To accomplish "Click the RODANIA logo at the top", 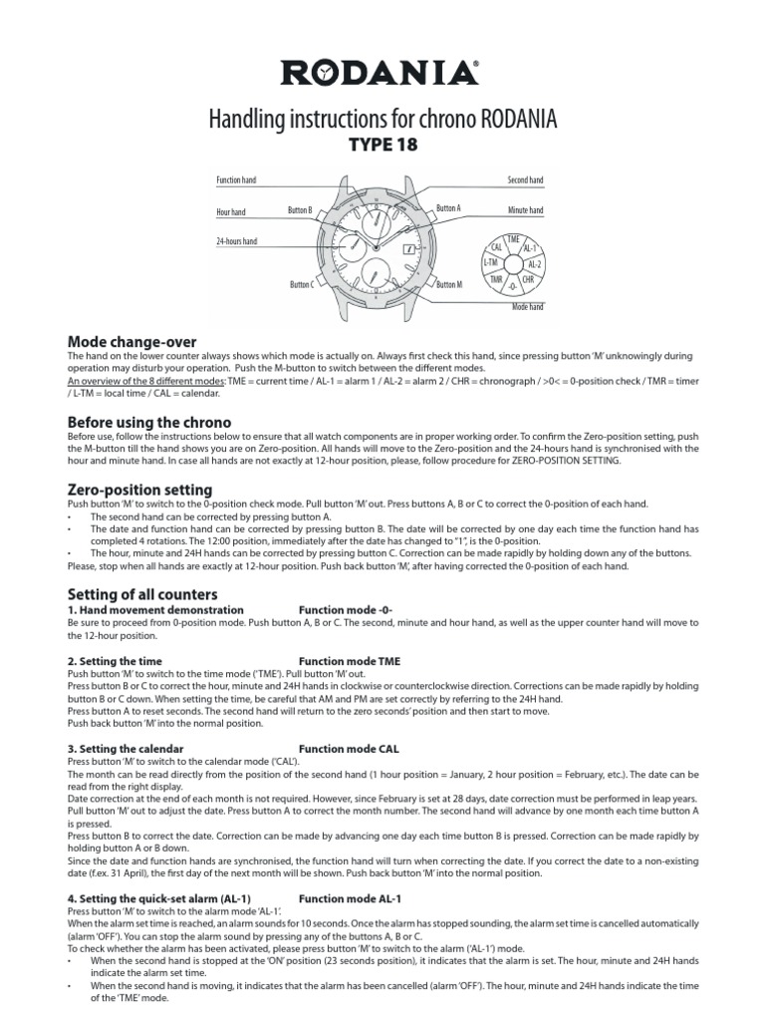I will [382, 73].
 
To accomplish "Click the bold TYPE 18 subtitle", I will [382, 146].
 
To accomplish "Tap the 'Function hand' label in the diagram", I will [236, 179].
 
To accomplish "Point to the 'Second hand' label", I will [526, 179].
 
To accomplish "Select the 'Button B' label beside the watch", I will [300, 210].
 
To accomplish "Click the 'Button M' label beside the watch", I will [450, 285].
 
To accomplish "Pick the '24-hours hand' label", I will [236, 242].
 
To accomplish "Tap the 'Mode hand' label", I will [528, 308].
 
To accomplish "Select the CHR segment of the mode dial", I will [529, 280].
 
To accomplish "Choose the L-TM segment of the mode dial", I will [490, 262].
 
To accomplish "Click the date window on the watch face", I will [408, 250].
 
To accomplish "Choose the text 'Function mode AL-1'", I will [350, 898].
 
